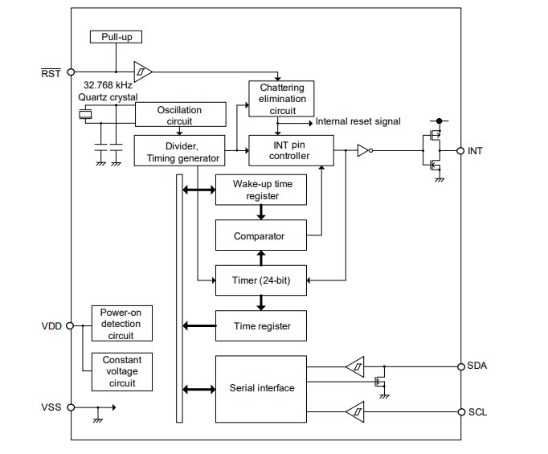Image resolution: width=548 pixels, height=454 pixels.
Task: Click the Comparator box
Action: click(x=260, y=236)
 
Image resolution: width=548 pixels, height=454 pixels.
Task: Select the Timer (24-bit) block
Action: click(x=260, y=281)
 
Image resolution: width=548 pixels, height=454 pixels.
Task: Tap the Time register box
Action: click(x=260, y=325)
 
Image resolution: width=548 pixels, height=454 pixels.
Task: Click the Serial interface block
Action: click(x=260, y=389)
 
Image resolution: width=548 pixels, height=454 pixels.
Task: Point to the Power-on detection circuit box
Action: click(x=122, y=324)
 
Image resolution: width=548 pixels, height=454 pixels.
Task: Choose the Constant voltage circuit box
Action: click(x=122, y=371)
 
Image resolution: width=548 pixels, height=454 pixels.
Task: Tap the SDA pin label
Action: click(x=478, y=366)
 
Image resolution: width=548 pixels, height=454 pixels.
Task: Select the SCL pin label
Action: click(x=477, y=412)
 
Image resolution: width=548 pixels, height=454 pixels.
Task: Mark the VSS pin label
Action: click(x=51, y=407)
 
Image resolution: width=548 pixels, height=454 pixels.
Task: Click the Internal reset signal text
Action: click(x=358, y=122)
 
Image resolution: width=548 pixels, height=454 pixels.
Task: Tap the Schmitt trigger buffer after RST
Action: click(x=142, y=72)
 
